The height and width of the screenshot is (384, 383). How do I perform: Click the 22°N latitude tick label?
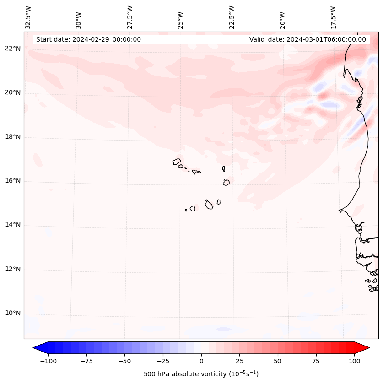pos(13,49)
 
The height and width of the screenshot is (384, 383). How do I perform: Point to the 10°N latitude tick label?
pos(13,314)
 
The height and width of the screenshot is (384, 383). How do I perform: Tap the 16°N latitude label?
pos(13,181)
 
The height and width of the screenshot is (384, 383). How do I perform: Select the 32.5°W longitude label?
pos(28,17)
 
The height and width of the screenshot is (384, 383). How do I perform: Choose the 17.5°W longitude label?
pos(333,17)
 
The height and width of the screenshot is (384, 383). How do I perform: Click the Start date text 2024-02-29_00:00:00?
pos(88,39)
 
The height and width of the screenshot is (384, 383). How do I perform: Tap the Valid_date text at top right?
pos(307,39)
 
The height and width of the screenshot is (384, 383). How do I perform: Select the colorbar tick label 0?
pos(201,361)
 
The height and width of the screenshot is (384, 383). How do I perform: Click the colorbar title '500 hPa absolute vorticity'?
pos(201,374)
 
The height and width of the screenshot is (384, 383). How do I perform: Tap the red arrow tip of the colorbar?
pos(366,348)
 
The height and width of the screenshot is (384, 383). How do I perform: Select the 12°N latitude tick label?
pos(13,270)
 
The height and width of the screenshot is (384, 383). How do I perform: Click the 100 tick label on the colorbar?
pos(354,361)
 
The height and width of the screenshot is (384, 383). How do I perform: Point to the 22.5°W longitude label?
pos(232,17)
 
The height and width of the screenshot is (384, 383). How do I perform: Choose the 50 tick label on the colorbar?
pos(277,361)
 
